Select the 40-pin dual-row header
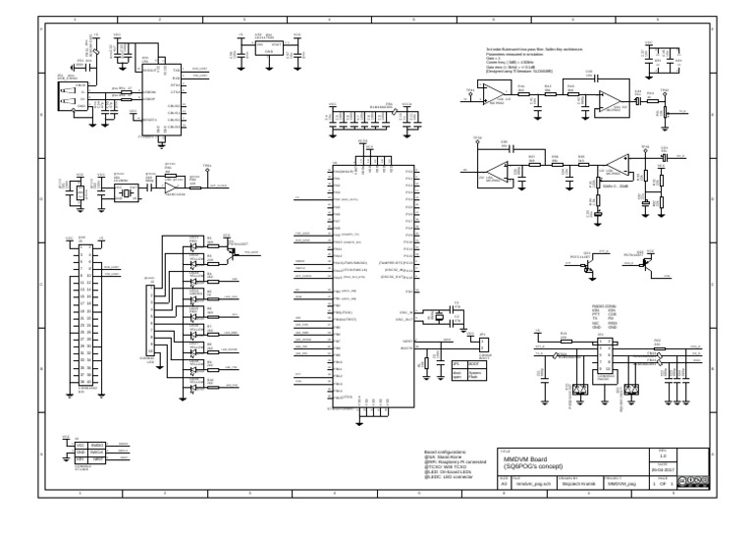point(86,313)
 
